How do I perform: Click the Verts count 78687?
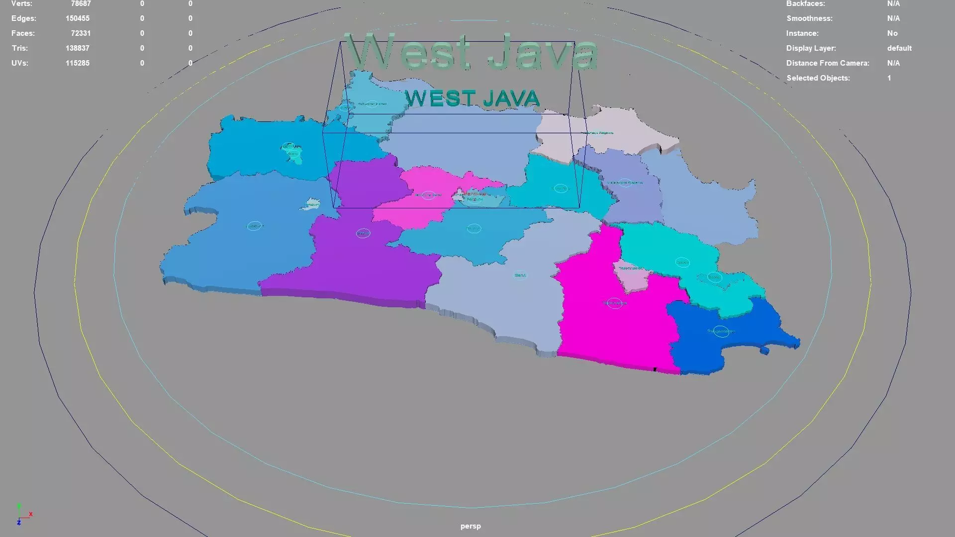click(x=81, y=4)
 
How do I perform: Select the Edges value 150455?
click(x=78, y=18)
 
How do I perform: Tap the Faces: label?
click(x=23, y=33)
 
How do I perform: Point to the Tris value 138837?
click(x=78, y=48)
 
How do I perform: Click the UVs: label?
click(x=20, y=63)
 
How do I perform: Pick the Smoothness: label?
click(x=809, y=18)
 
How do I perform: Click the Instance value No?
click(x=892, y=33)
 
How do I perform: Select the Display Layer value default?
click(x=899, y=48)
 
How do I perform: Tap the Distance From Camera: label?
click(x=828, y=63)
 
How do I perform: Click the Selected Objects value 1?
click(x=889, y=78)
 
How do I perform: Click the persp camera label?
click(x=471, y=526)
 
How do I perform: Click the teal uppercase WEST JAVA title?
click(x=473, y=98)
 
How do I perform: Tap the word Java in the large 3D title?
click(x=542, y=52)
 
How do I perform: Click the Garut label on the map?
click(x=520, y=275)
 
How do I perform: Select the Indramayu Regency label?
click(x=597, y=133)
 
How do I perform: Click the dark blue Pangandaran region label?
click(x=721, y=331)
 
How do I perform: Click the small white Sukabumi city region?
click(x=311, y=204)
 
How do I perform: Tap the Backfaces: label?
click(x=805, y=4)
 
